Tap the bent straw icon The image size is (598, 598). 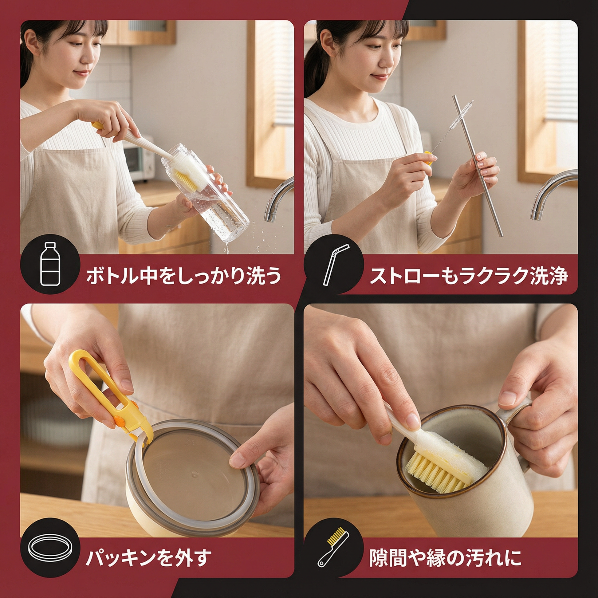pyautogui.click(x=336, y=265)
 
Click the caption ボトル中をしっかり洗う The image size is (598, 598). pyautogui.click(x=183, y=275)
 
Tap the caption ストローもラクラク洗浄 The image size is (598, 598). pyautogui.click(x=469, y=275)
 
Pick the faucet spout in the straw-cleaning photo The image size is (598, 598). pyautogui.click(x=553, y=195)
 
